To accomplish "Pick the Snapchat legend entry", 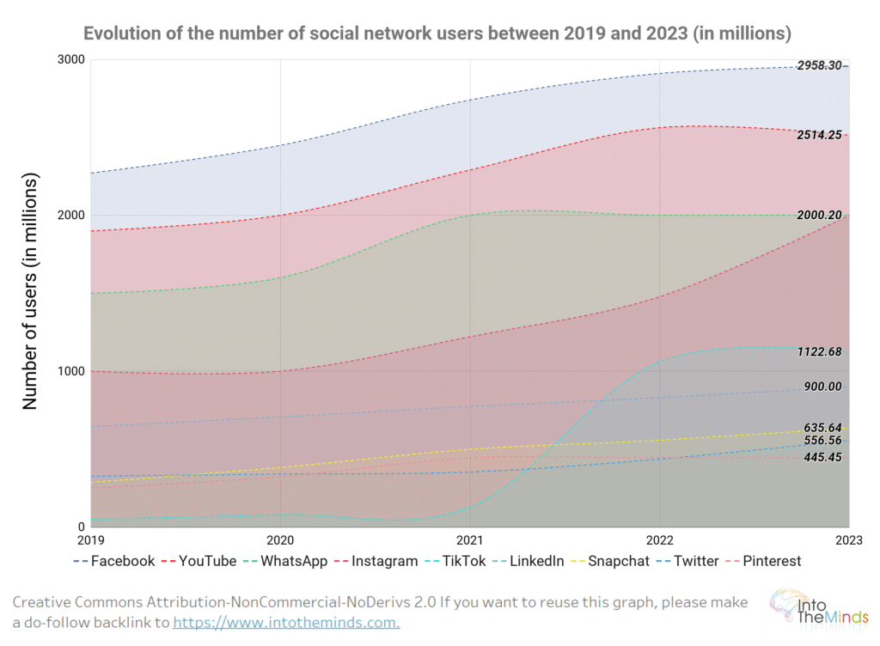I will coord(624,561).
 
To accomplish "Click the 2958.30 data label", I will coord(818,65).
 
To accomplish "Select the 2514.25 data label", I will coord(818,136).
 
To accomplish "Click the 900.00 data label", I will coord(822,387).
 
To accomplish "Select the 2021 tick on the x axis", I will coord(469,541).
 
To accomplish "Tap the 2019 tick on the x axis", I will coord(91,541).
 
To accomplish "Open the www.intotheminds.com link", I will coord(286,622).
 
